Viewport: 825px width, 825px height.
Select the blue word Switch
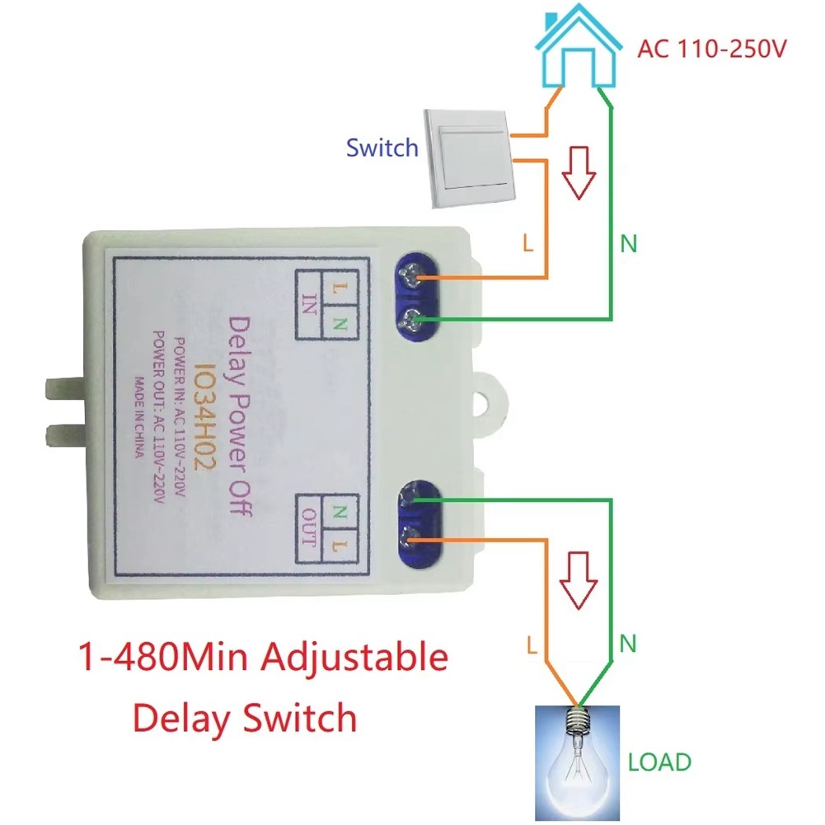(382, 148)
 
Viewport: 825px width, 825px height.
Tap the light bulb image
(576, 758)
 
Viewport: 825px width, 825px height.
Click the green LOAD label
(659, 762)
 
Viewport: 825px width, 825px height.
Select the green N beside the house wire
(630, 244)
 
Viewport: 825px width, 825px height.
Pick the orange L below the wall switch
(529, 244)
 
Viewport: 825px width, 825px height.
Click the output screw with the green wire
(410, 499)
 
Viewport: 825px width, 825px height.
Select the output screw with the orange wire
(410, 540)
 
